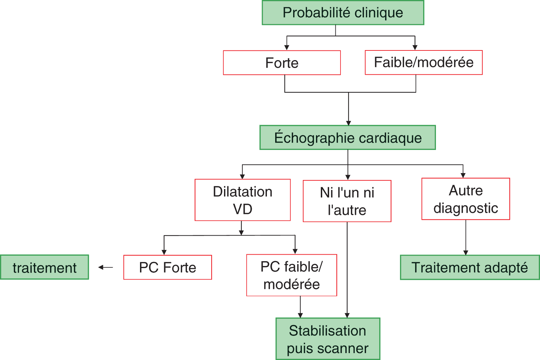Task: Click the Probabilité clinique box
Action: pyautogui.click(x=343, y=13)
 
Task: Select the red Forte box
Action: pyautogui.click(x=282, y=63)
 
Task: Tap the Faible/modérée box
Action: pyautogui.click(x=423, y=63)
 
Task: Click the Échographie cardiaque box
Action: pyautogui.click(x=347, y=138)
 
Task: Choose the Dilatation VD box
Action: pyautogui.click(x=242, y=200)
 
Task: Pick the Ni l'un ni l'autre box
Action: pyautogui.click(x=347, y=201)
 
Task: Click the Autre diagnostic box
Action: pyautogui.click(x=465, y=199)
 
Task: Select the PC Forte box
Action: pyautogui.click(x=168, y=267)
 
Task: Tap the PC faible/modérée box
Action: pyautogui.click(x=291, y=275)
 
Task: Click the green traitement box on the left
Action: pyautogui.click(x=45, y=267)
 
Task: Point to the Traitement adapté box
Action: pyautogui.click(x=469, y=267)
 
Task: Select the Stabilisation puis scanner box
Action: pyautogui.click(x=328, y=339)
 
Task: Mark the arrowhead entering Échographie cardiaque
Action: pyautogui.click(x=348, y=123)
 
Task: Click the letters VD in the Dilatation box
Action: pyautogui.click(x=242, y=209)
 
